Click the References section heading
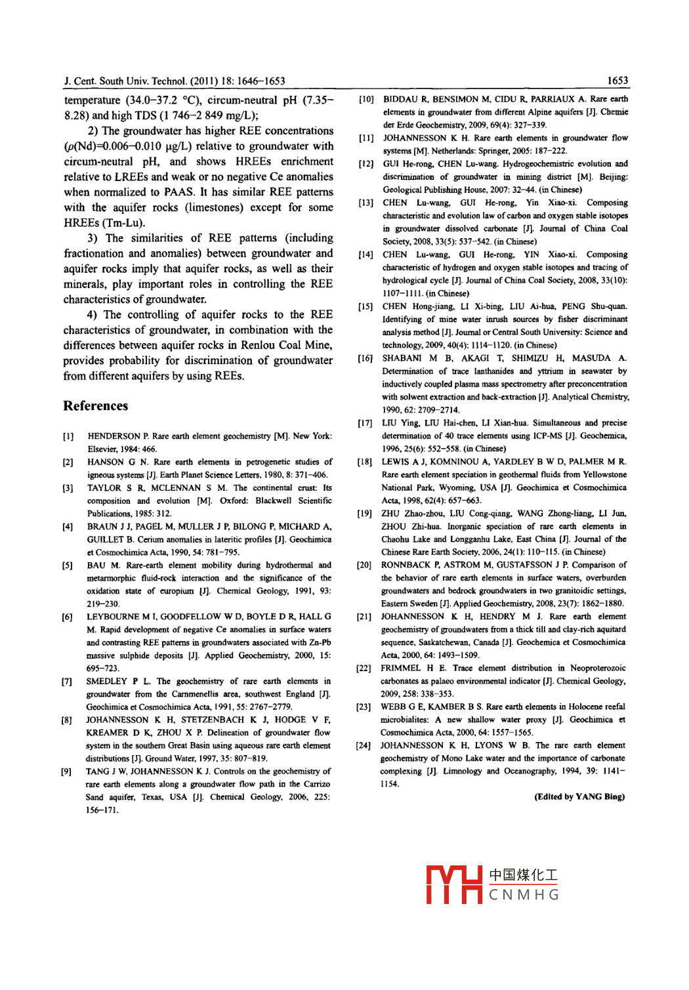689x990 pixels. click(96, 406)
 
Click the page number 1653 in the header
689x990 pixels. click(617, 81)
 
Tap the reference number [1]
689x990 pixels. click(68, 436)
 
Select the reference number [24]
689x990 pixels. click(364, 745)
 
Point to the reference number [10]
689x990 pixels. click(366, 99)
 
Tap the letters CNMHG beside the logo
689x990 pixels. click(524, 895)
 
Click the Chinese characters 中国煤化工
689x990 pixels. click(524, 875)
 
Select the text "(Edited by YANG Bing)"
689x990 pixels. click(579, 797)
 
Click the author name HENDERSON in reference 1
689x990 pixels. click(114, 436)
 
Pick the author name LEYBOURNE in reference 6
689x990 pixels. click(112, 617)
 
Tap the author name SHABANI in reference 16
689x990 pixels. click(402, 358)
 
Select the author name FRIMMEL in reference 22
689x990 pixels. click(400, 669)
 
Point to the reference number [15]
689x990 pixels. click(365, 306)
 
